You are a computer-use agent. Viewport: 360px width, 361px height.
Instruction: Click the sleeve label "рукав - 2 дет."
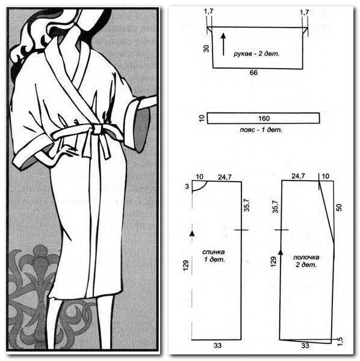tap(256, 54)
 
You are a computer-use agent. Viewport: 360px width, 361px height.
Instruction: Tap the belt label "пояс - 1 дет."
tap(261, 130)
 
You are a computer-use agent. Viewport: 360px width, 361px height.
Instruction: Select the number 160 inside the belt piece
tap(264, 119)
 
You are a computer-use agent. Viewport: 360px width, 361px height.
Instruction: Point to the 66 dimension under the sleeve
tap(253, 73)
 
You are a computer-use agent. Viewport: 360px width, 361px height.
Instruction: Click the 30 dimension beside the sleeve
tap(206, 49)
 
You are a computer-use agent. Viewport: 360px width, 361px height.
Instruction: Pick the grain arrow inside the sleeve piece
tap(223, 45)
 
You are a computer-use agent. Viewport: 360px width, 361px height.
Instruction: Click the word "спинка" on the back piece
tap(214, 252)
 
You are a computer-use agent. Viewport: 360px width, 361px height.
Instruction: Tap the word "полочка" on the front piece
tap(306, 257)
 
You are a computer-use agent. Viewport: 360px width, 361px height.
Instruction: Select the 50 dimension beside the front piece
tap(340, 207)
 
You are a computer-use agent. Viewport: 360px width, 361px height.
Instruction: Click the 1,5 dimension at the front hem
tap(340, 341)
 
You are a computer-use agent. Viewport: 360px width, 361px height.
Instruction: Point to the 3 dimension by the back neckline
tap(187, 187)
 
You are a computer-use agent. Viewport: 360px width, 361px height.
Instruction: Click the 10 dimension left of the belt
tap(202, 118)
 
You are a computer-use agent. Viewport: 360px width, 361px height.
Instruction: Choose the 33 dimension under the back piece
tap(217, 345)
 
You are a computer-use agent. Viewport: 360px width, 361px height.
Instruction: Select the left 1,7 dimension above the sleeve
tap(208, 12)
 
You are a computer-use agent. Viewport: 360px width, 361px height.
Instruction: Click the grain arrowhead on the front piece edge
tap(281, 251)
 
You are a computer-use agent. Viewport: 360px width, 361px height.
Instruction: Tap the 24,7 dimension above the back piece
tap(225, 177)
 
